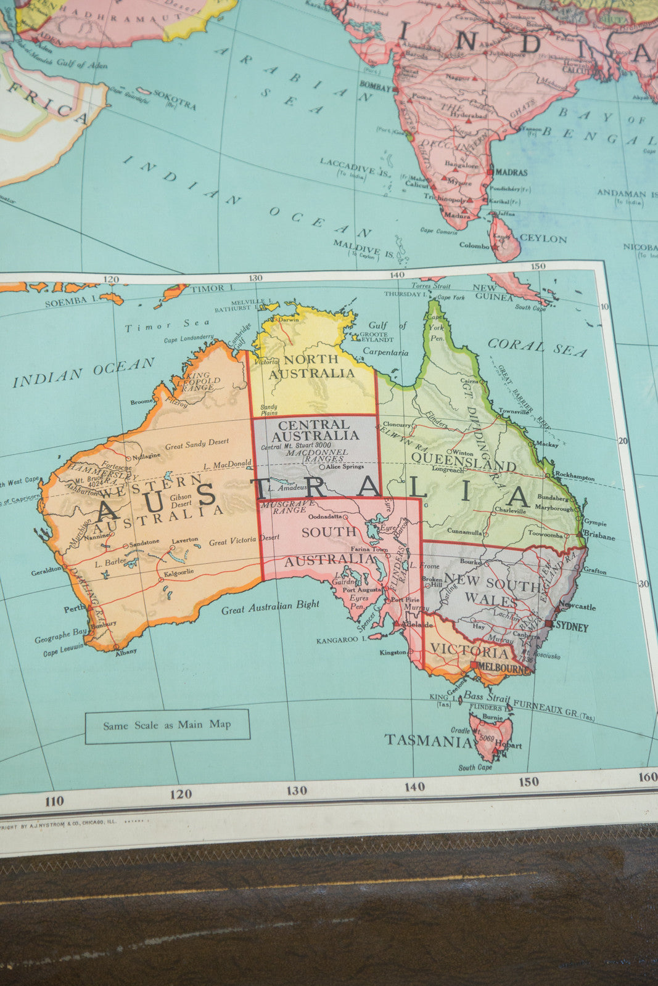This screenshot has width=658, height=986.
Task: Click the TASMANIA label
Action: click(x=428, y=740)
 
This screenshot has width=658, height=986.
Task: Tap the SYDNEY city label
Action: click(x=571, y=628)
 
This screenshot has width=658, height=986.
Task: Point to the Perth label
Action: click(x=75, y=609)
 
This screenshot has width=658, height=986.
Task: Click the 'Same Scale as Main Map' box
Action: click(x=167, y=725)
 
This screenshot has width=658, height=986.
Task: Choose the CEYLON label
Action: click(x=543, y=238)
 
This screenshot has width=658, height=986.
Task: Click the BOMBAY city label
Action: click(x=375, y=88)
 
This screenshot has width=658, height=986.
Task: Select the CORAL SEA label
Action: click(x=537, y=348)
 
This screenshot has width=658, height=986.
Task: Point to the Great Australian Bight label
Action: click(x=270, y=608)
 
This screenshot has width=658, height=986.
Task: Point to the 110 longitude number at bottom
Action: click(x=54, y=801)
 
